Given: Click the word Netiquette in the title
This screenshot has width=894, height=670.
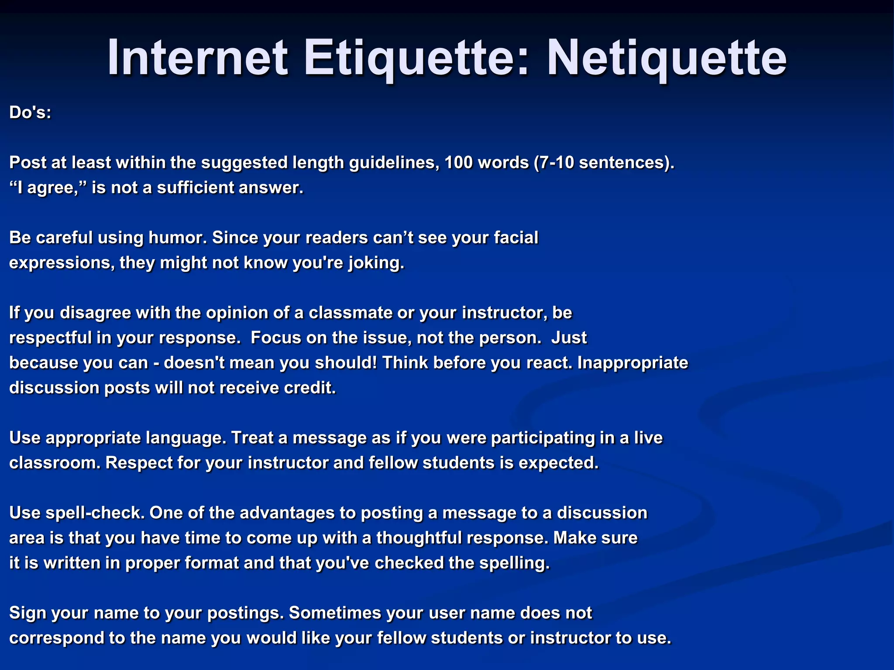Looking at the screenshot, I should click(x=667, y=58).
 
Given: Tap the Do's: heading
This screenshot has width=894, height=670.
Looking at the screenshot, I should click(x=31, y=113).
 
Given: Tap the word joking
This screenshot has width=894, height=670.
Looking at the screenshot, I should click(x=376, y=263).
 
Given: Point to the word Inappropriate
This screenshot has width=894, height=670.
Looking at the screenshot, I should click(x=633, y=363).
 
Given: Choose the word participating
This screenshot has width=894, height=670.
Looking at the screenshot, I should click(x=543, y=438).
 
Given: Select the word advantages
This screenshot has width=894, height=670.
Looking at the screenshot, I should click(x=287, y=513).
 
